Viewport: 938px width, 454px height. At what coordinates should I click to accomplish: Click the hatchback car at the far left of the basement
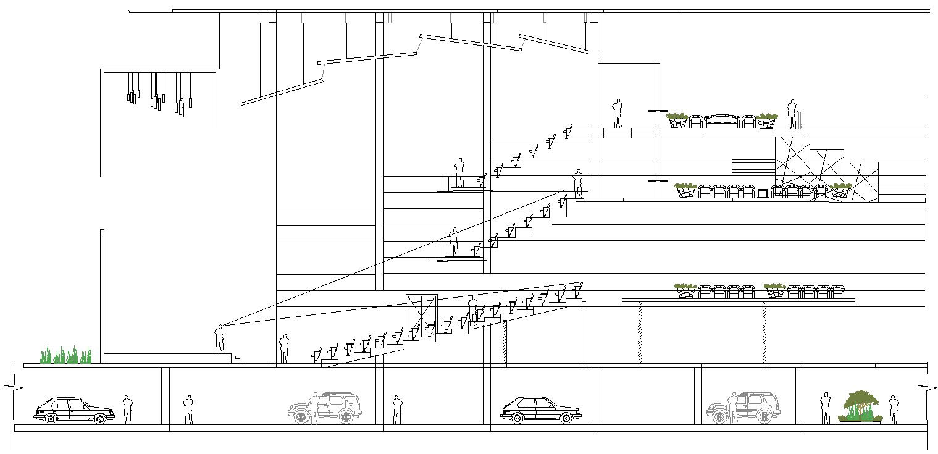(x=73, y=411)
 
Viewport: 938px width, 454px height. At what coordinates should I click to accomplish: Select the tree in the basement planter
(x=860, y=405)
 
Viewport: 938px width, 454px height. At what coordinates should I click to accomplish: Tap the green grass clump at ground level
(x=66, y=355)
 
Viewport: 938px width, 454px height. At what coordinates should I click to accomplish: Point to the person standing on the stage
(x=219, y=339)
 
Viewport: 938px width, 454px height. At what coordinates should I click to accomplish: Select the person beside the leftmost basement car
(x=127, y=410)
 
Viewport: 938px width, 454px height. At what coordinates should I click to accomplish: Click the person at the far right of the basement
(x=893, y=410)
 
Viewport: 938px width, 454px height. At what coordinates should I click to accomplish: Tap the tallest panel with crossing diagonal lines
(x=792, y=161)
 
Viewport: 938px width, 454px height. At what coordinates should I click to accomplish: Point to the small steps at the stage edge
(x=237, y=358)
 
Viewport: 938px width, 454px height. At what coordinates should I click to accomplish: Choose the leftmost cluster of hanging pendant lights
(x=133, y=88)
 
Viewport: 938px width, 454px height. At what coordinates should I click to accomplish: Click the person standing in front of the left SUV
(x=314, y=408)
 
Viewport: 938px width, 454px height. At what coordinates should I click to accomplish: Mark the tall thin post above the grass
(x=102, y=290)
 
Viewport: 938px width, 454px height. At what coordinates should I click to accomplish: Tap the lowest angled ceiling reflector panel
(x=282, y=91)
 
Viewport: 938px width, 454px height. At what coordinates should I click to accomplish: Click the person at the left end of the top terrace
(x=617, y=114)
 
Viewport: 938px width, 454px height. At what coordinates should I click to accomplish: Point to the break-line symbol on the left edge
(x=9, y=387)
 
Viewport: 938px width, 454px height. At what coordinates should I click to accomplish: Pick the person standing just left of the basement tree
(x=825, y=408)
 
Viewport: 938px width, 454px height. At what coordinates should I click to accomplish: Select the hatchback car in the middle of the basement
(x=540, y=411)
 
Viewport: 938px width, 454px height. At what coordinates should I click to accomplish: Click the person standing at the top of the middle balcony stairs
(x=578, y=183)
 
